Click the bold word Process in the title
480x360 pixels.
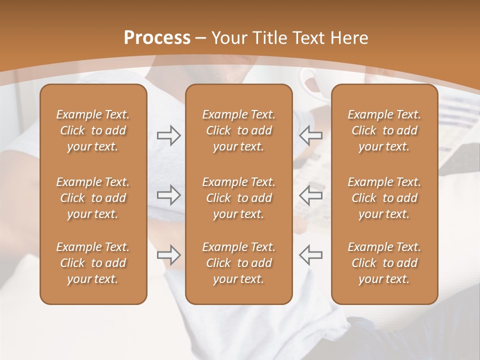(x=157, y=38)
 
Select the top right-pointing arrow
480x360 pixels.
(x=168, y=135)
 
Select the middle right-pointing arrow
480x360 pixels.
(x=168, y=195)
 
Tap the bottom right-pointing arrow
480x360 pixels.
(x=168, y=255)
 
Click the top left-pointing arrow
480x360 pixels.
(x=310, y=135)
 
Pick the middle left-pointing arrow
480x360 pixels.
(x=310, y=195)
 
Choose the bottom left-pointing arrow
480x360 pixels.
(x=310, y=255)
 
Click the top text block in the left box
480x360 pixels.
(x=93, y=130)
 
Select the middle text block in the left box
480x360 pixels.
(x=93, y=198)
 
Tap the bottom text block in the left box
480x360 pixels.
(x=93, y=263)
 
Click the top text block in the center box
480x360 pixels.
(x=238, y=130)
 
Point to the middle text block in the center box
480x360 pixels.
(x=238, y=198)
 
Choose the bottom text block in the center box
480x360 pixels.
(x=238, y=263)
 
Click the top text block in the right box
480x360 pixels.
(x=384, y=130)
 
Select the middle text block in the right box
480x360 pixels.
(x=384, y=198)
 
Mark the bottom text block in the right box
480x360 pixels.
(x=384, y=263)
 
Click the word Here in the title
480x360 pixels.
(x=348, y=38)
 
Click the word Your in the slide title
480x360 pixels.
(x=227, y=38)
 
